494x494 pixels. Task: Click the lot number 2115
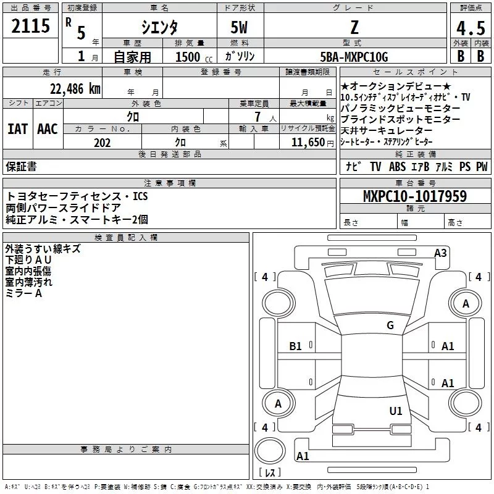[x=31, y=27]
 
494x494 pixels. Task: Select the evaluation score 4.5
[x=470, y=28]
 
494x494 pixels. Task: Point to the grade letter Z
[x=354, y=27]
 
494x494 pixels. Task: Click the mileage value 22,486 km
[x=75, y=89]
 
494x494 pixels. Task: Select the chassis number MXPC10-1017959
[x=414, y=197]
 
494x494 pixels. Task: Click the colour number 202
[x=102, y=143]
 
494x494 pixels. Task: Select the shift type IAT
[x=17, y=129]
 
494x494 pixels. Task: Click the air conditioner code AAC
[x=47, y=129]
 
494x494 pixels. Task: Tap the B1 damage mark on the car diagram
[x=296, y=346]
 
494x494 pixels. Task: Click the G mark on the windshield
[x=390, y=325]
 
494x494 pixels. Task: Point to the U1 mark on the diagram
[x=396, y=411]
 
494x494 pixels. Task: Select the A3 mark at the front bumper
[x=440, y=253]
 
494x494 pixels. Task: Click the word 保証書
[x=21, y=167]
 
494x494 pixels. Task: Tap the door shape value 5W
[x=240, y=27]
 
